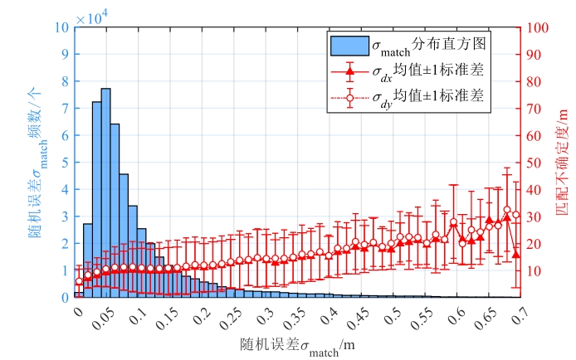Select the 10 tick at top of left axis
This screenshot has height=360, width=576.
coord(61,27)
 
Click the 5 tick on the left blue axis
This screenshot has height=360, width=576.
coord(65,163)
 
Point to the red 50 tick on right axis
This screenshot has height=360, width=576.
coord(536,163)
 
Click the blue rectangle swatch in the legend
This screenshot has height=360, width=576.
coord(348,42)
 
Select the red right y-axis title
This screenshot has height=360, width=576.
coord(564,163)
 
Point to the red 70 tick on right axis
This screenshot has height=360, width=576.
coord(536,109)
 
